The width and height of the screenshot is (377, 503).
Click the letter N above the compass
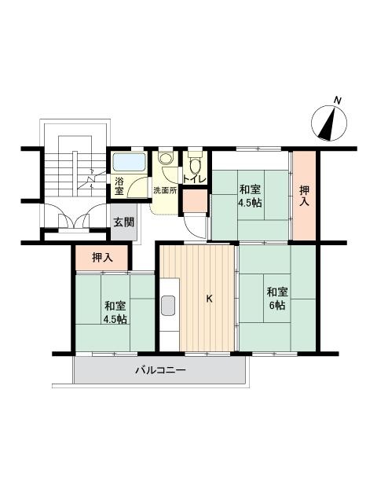coord(337,101)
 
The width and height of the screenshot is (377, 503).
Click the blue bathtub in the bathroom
coord(130,163)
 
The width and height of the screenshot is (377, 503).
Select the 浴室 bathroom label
coord(119,185)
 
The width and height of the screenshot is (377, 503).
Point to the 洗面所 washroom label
coord(165,190)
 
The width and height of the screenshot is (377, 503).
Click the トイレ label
coord(195,180)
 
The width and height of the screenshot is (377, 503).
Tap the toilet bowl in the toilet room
coord(196,166)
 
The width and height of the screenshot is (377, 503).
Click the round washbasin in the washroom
coord(166,158)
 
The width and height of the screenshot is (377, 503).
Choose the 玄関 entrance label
coord(124,222)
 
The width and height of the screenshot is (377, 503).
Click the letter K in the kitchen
coord(209,299)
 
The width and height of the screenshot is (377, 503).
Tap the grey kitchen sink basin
coord(168,305)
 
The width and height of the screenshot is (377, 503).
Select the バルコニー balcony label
coord(160,370)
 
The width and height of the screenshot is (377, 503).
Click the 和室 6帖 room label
coord(277,299)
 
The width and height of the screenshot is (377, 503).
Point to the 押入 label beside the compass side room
coord(304,196)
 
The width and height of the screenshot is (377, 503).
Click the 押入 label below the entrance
coord(103,257)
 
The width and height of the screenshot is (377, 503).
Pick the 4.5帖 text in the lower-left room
coord(115,319)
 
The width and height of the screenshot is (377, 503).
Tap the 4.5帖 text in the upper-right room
coord(250,203)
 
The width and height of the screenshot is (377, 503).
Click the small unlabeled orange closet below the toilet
coord(195,201)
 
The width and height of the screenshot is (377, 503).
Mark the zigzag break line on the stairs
coord(92,181)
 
